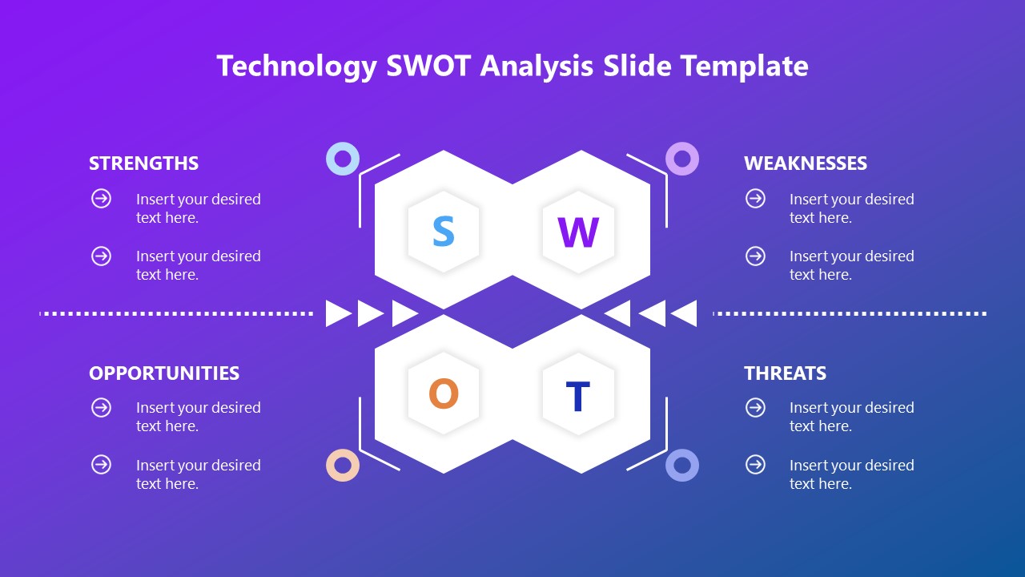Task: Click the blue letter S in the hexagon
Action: click(443, 232)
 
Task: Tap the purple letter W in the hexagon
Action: click(578, 232)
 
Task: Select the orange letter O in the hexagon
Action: click(443, 394)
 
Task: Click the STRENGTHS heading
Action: click(143, 163)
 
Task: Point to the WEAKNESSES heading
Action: click(805, 163)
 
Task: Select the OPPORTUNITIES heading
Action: click(164, 373)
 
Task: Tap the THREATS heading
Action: click(785, 373)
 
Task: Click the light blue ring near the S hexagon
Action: click(343, 159)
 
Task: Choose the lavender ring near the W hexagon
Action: click(682, 159)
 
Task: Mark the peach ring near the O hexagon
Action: click(343, 465)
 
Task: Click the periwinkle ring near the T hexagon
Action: click(682, 465)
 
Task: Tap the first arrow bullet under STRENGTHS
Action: click(102, 199)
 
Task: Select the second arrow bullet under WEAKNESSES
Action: click(755, 256)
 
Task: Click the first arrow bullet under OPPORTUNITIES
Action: click(102, 408)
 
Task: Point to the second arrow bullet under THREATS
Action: click(755, 465)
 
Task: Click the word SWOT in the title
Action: click(428, 66)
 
